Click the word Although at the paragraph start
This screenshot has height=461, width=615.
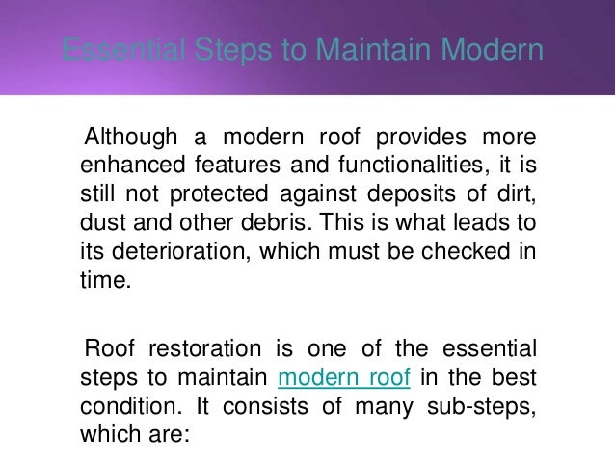[x=133, y=131]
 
